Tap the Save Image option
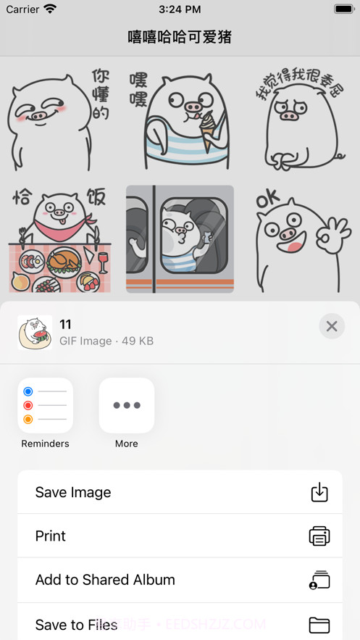click(x=180, y=492)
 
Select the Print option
click(x=180, y=536)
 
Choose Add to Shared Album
click(x=180, y=580)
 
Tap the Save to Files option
click(x=180, y=624)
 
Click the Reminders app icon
click(x=45, y=405)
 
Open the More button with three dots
click(x=127, y=405)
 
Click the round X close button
click(x=332, y=326)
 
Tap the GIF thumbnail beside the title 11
click(x=35, y=333)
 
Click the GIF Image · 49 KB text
click(x=106, y=341)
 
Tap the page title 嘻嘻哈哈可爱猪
click(x=180, y=37)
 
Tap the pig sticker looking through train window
click(x=180, y=239)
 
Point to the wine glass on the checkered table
click(x=102, y=261)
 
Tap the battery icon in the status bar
click(x=343, y=9)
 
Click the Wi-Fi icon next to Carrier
click(x=50, y=9)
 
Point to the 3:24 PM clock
click(x=180, y=9)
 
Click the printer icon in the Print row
click(x=319, y=536)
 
